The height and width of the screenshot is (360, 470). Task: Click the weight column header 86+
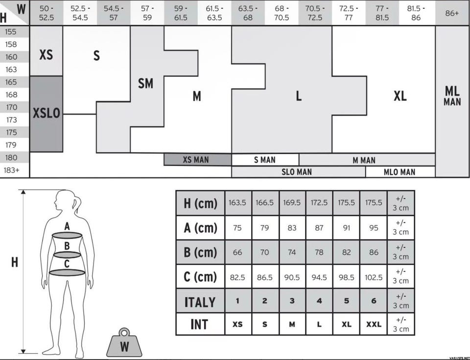452,13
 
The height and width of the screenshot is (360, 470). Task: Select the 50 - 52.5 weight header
47,13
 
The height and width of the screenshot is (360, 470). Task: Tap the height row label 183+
11,170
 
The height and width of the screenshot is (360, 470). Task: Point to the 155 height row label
11,32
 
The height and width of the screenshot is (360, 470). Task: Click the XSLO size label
47,114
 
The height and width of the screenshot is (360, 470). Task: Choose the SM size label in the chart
146,83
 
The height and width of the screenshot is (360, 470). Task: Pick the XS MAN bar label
196,160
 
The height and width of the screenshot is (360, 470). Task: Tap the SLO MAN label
297,172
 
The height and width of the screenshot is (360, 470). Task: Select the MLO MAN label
399,172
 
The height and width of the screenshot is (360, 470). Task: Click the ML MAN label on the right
452,96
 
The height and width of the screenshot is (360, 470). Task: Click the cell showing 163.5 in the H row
237,203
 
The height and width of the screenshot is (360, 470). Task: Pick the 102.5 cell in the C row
374,278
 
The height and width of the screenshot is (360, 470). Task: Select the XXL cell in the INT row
374,324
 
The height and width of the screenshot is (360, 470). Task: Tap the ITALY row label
200,302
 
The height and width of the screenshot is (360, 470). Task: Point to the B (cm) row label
200,252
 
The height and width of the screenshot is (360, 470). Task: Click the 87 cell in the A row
319,228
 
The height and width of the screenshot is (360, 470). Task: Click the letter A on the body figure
67,226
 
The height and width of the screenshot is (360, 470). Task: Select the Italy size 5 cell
347,301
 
